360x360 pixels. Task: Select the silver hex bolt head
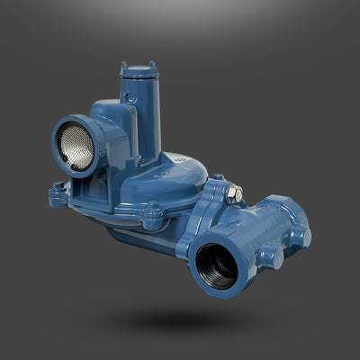pos(235,192)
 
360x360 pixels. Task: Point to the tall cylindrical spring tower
pos(144,117)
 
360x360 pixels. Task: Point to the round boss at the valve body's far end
pos(305,237)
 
